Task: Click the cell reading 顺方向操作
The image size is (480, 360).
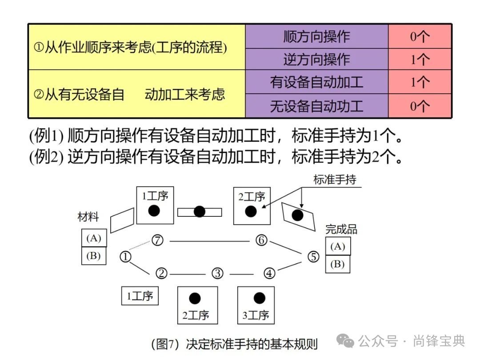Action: (316, 36)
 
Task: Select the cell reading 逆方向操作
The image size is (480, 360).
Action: (316, 59)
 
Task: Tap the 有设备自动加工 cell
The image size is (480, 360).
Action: (316, 82)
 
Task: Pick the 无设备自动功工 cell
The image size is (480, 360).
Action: (316, 106)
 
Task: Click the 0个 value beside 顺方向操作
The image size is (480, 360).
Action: (420, 36)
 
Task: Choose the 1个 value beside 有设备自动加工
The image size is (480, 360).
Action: (420, 82)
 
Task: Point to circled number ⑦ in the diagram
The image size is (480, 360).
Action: (157, 240)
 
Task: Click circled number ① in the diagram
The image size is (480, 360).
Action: (126, 256)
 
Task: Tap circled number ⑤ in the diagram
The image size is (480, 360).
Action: (314, 256)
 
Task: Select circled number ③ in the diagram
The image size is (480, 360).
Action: (217, 273)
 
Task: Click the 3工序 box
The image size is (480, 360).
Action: (256, 305)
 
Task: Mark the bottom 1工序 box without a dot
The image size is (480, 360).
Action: (140, 296)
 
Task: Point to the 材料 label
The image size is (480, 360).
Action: (88, 217)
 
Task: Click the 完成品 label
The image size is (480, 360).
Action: (341, 229)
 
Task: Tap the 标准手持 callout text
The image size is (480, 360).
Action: (335, 180)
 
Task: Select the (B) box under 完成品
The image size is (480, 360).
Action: (338, 264)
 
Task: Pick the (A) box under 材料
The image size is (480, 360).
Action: (94, 238)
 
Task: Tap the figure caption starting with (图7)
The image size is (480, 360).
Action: (235, 344)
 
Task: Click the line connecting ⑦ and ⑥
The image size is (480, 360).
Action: (209, 241)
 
